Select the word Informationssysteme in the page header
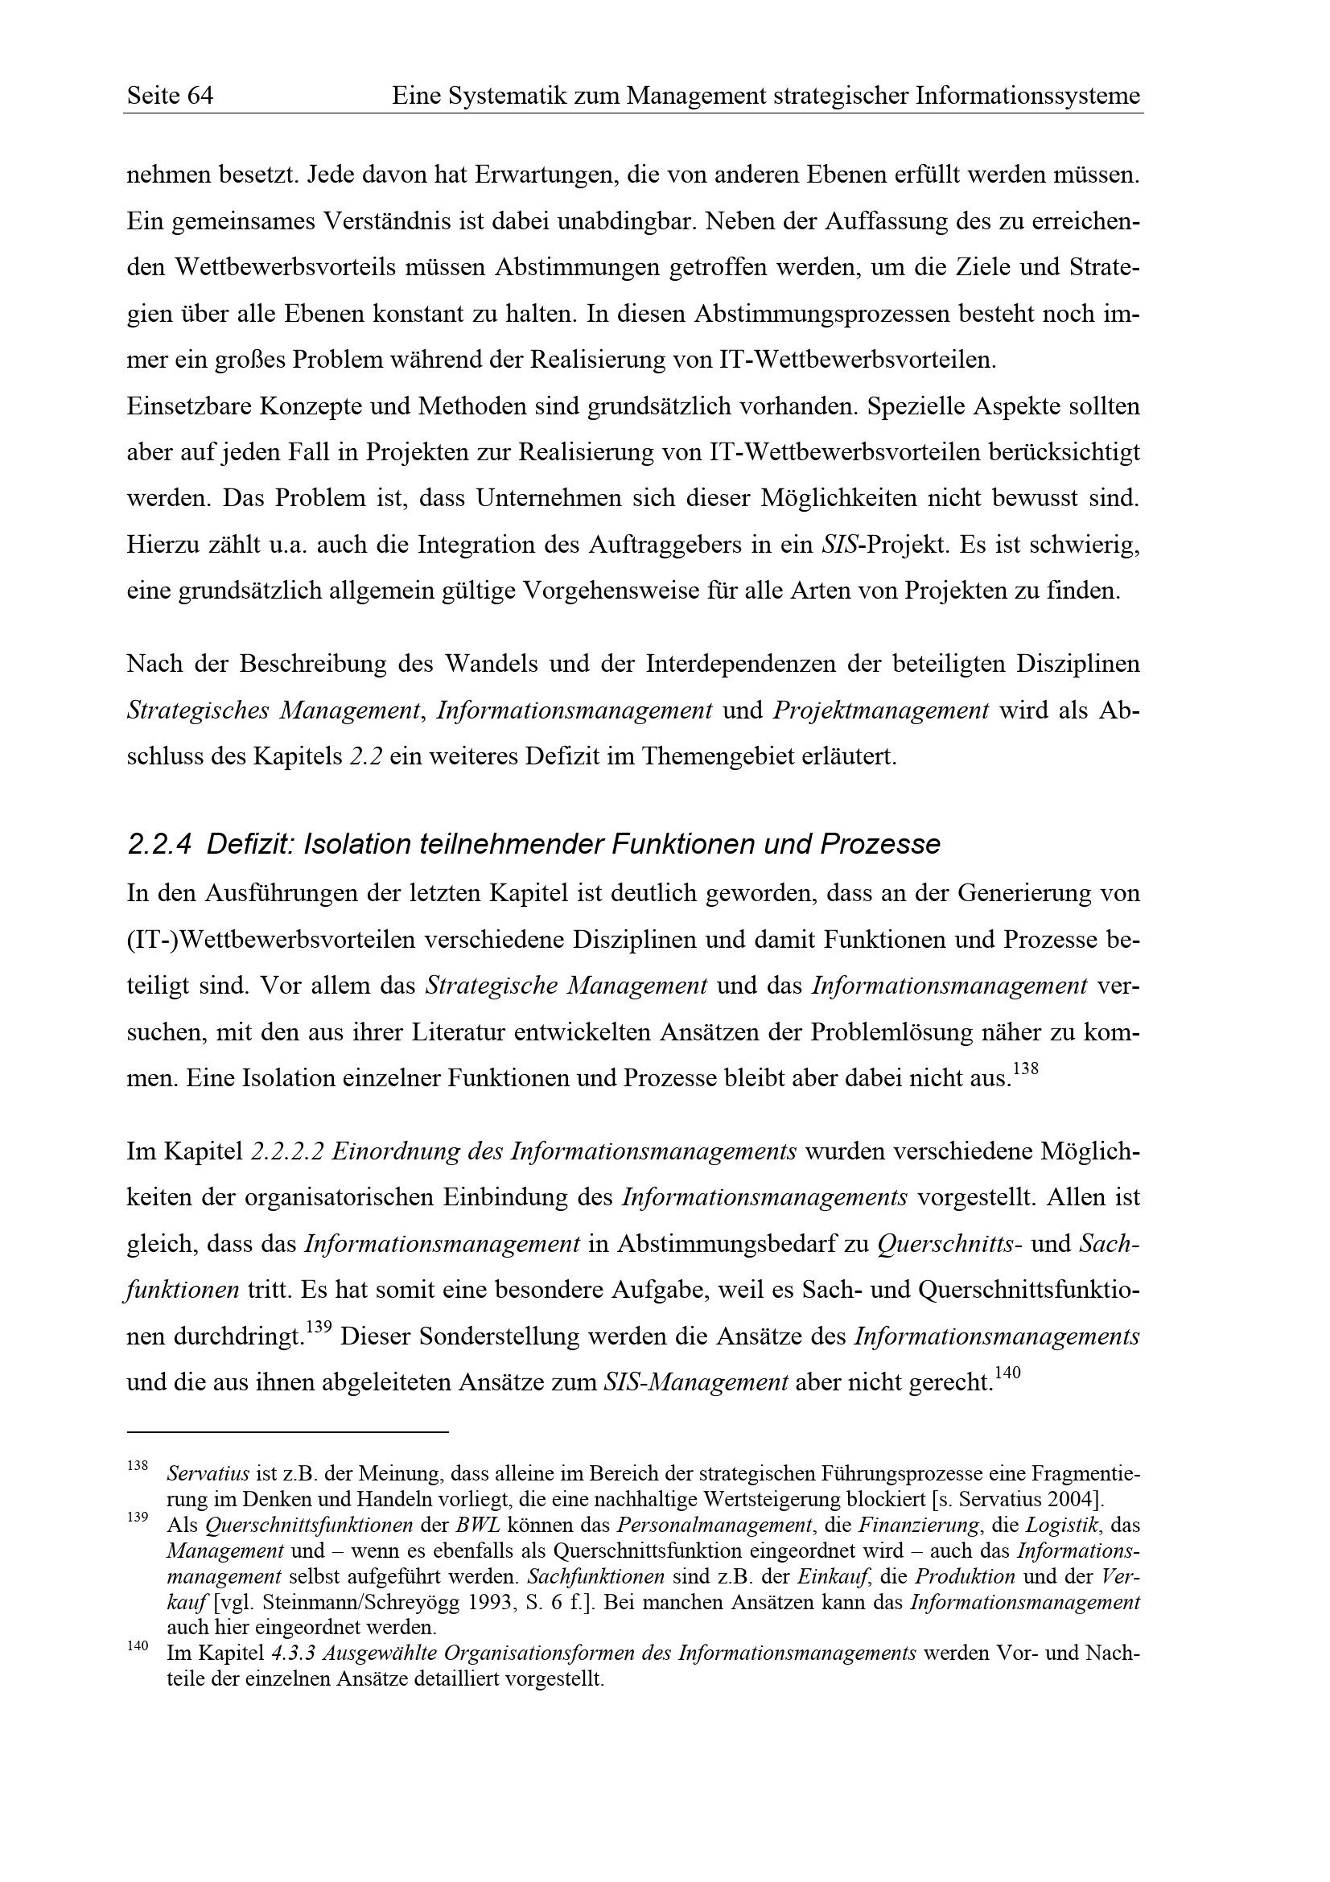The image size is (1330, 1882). [x=1027, y=97]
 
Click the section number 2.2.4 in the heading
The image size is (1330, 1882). [x=159, y=844]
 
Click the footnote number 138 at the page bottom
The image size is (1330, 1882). [x=138, y=1464]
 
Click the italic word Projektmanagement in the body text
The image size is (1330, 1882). [x=881, y=710]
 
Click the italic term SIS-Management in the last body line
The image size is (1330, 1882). [x=695, y=1383]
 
